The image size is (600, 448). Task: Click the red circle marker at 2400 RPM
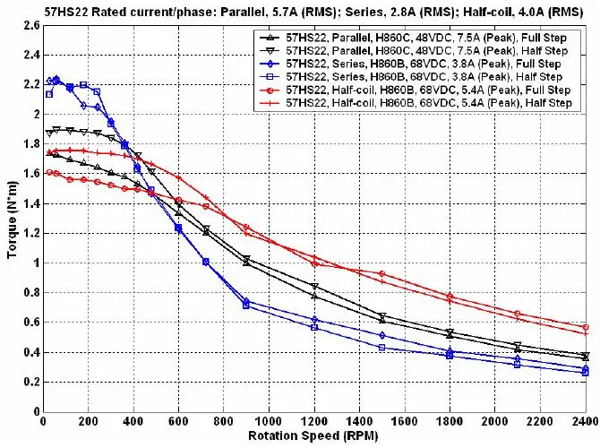[x=586, y=327]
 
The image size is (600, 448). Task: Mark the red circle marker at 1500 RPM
[x=382, y=273]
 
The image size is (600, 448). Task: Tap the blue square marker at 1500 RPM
[x=382, y=347]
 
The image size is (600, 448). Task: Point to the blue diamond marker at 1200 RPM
[x=314, y=320]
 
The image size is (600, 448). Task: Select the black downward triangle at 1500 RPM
[x=382, y=317]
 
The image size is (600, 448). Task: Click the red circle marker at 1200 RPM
[x=314, y=263]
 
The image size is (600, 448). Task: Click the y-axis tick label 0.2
[x=30, y=382]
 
